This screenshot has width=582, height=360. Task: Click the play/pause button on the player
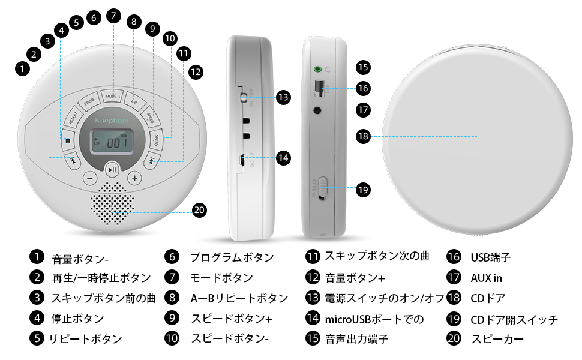(x=112, y=170)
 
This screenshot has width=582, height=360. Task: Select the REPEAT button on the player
(x=74, y=115)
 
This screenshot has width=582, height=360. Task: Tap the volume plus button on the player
(x=135, y=178)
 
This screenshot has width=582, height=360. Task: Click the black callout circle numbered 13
(x=283, y=97)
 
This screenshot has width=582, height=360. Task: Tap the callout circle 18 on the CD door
(x=362, y=136)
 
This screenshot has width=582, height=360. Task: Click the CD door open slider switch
(x=322, y=188)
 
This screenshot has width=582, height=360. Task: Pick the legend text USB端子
(x=490, y=257)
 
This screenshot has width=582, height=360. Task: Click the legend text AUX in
(x=486, y=278)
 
